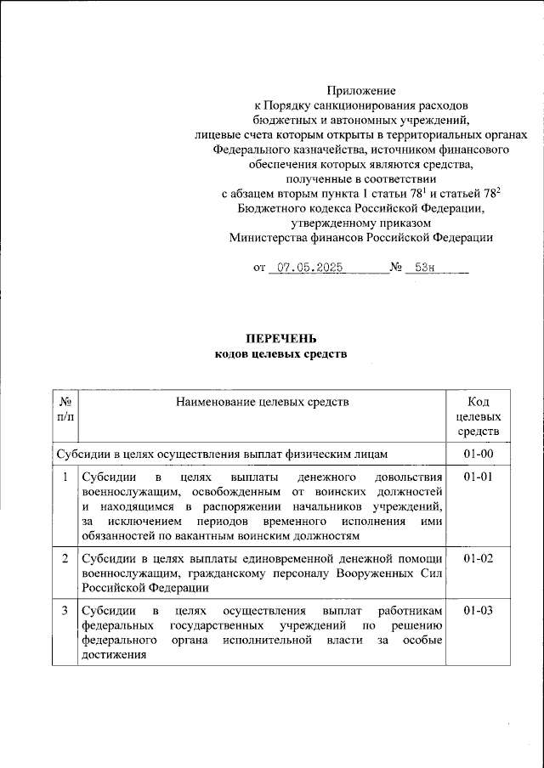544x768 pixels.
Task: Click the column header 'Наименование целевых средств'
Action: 263,401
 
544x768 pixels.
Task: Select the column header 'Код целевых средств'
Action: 479,416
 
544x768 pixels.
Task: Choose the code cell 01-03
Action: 479,611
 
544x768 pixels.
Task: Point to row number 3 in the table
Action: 65,611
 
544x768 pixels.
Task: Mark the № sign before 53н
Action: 395,268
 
